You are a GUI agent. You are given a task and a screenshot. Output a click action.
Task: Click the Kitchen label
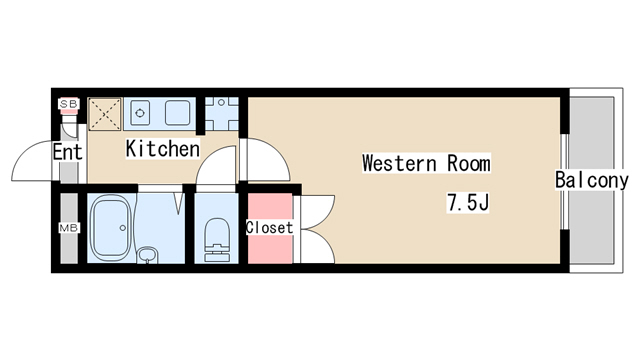point(163,149)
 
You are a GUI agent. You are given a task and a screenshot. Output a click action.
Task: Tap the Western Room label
point(426,163)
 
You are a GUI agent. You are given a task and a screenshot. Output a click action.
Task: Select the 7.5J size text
point(468,202)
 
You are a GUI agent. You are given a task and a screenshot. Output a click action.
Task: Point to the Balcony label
point(591,180)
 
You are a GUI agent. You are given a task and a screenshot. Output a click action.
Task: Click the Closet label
point(269,227)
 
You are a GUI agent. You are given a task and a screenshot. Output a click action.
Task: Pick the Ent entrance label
point(68,152)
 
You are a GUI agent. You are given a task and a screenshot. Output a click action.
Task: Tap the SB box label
point(69,104)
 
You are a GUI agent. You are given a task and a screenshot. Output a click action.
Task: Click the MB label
point(69,228)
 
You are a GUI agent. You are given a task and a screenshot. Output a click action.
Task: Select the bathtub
point(111,228)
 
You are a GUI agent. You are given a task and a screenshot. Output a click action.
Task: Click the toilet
point(216,240)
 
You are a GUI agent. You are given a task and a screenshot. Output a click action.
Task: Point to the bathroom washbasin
point(147,255)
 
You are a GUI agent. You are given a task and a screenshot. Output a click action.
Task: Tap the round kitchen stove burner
point(140,113)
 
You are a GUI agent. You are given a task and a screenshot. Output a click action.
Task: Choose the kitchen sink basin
point(178,113)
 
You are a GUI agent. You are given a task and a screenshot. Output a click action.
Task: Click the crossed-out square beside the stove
point(105,114)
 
